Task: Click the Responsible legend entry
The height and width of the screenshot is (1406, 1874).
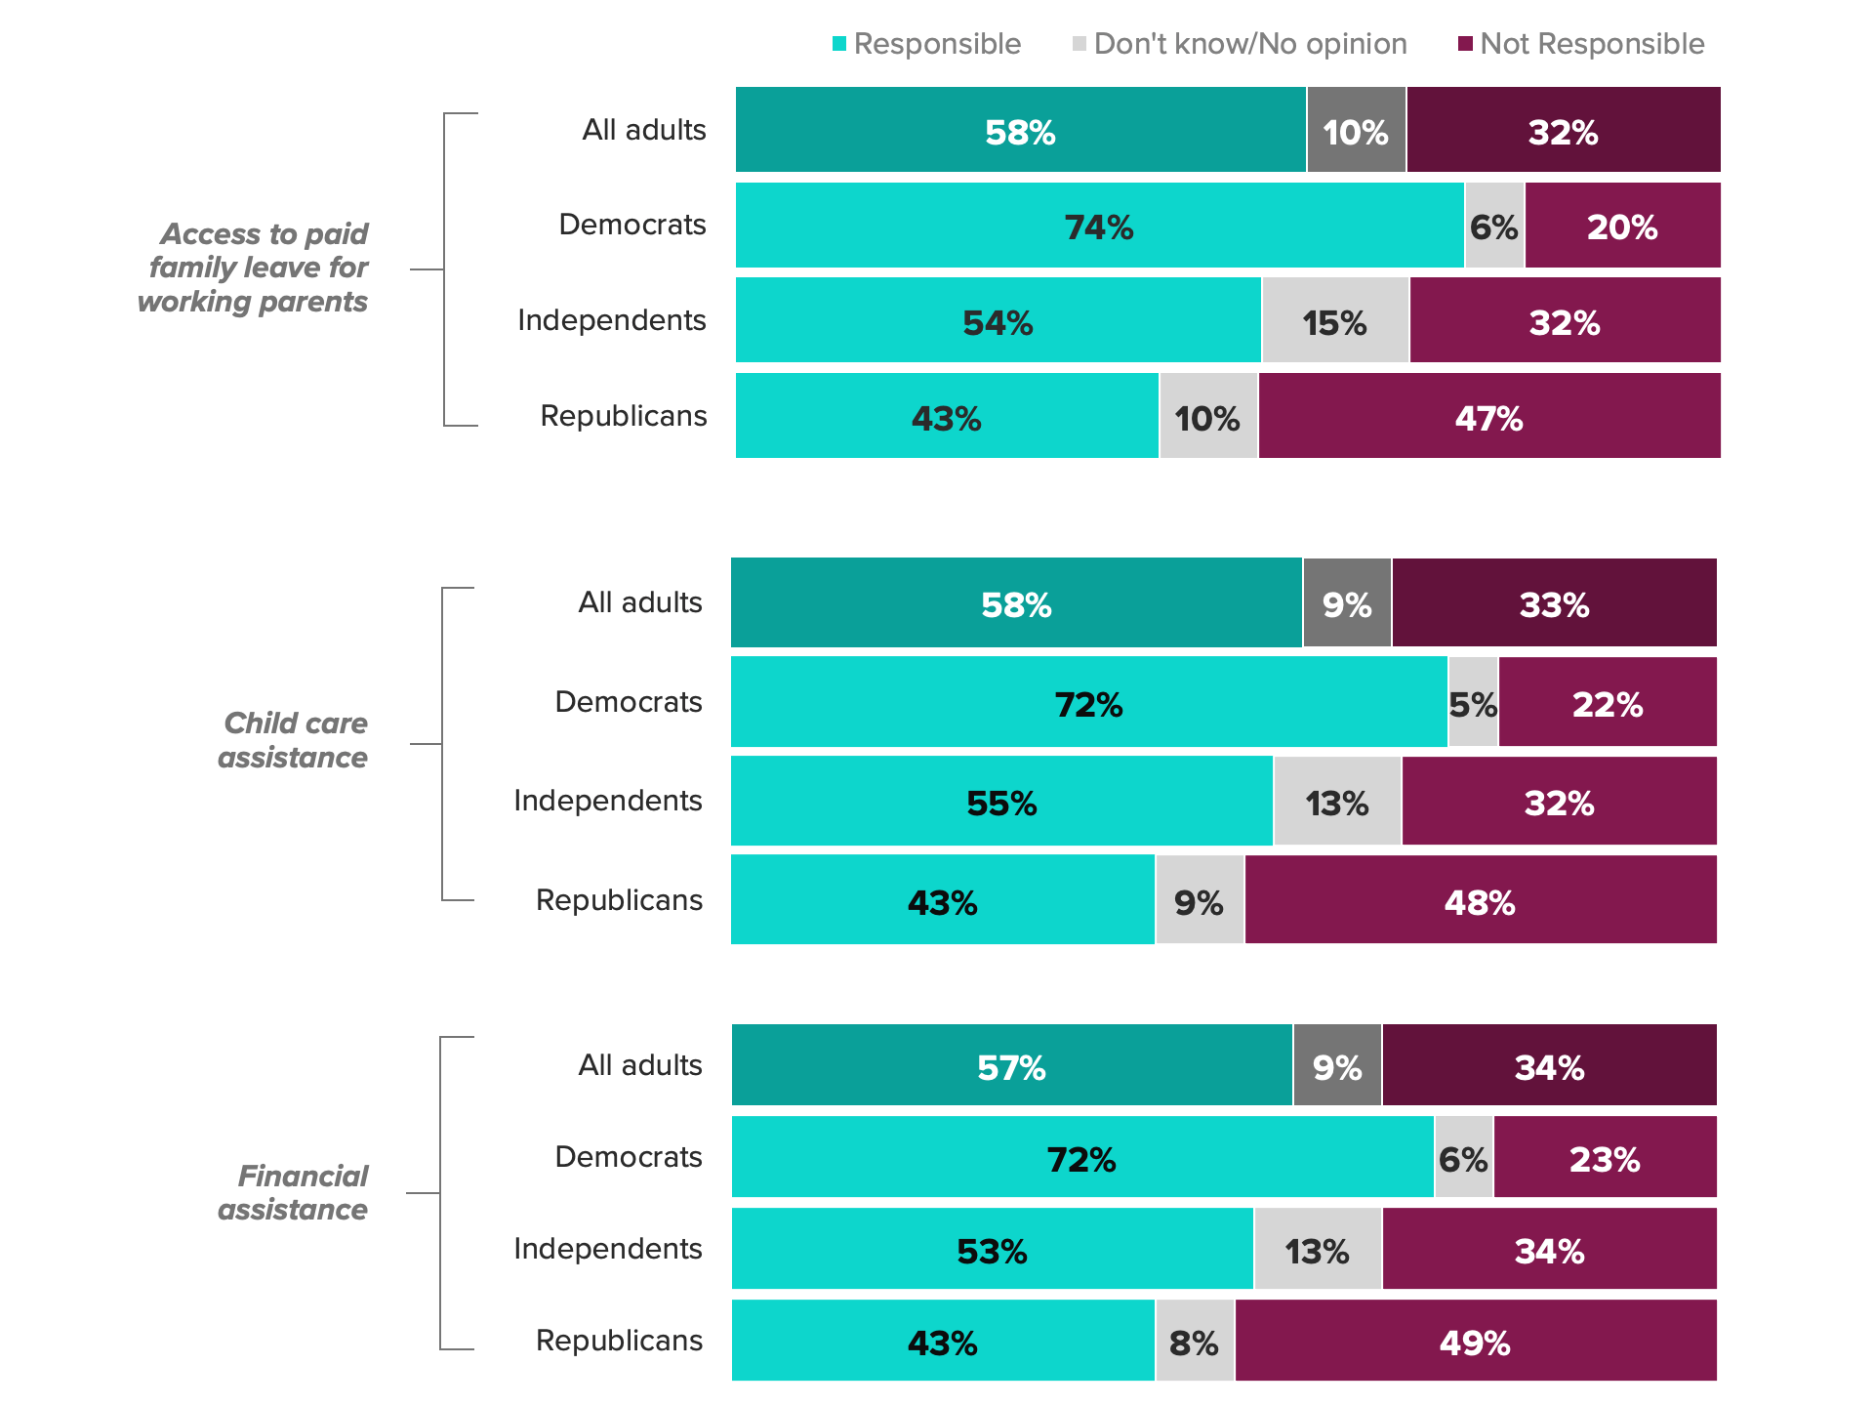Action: tap(926, 44)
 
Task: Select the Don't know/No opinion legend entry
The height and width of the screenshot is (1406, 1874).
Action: tap(1240, 44)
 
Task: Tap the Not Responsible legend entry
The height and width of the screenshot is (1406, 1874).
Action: tap(1581, 44)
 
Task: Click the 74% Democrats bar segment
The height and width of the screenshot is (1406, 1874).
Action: tap(1099, 226)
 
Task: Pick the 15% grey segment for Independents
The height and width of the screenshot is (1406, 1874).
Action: tap(1335, 320)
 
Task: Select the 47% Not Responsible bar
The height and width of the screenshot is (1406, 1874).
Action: tap(1488, 416)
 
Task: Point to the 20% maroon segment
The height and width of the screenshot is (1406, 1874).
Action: tap(1622, 226)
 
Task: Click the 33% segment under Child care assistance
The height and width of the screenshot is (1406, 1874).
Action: tap(1554, 603)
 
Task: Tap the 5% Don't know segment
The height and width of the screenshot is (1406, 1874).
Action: tap(1473, 702)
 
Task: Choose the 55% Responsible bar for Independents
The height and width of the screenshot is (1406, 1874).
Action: tap(1001, 801)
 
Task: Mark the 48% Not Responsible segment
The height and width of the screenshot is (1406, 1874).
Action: tap(1480, 900)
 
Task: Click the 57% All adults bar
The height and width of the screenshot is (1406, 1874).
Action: tap(1011, 1065)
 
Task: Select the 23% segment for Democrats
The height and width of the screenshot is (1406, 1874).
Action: tap(1605, 1157)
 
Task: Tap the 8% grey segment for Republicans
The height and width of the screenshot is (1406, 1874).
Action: tap(1195, 1341)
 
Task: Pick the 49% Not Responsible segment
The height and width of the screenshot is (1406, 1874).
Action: tap(1475, 1341)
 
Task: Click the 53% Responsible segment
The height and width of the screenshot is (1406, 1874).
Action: tap(992, 1249)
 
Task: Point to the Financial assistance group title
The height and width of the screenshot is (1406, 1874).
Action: tap(293, 1192)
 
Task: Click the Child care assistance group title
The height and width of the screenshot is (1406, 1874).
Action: tap(293, 740)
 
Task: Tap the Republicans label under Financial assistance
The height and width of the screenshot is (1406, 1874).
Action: tap(619, 1341)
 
